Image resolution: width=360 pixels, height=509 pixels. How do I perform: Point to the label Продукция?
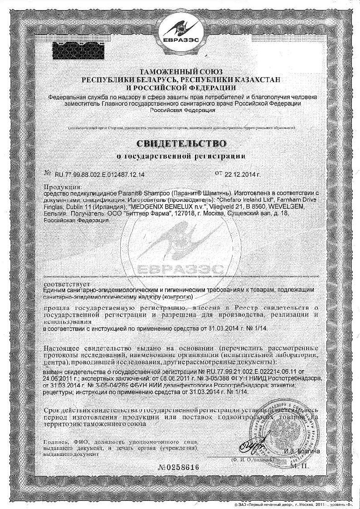coord(63,186)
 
